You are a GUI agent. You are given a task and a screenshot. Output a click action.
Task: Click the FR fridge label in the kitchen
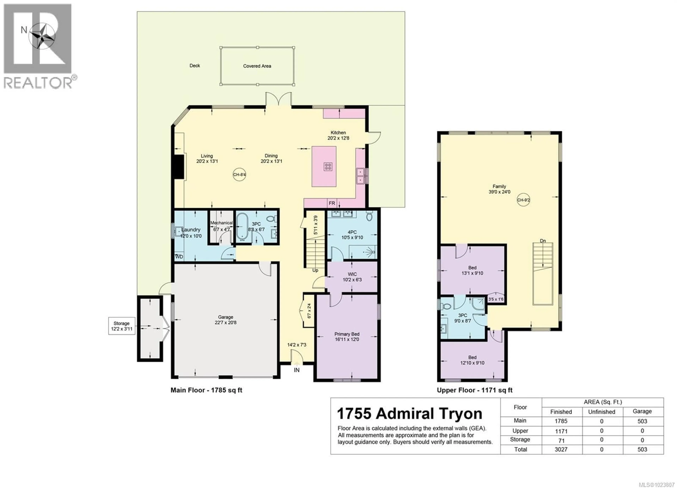click(x=332, y=203)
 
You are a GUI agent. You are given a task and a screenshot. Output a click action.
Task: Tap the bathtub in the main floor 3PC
click(x=242, y=227)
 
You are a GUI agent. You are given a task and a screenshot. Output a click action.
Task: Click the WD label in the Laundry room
click(x=179, y=257)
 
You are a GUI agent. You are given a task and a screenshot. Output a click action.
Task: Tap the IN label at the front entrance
click(x=297, y=370)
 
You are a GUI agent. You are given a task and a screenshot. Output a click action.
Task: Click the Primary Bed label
click(x=347, y=334)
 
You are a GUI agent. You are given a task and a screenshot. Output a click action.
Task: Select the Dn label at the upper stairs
click(x=543, y=241)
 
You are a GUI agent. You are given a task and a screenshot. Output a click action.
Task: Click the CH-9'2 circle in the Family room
click(x=523, y=200)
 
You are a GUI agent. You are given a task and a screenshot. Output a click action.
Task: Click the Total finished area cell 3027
click(x=561, y=450)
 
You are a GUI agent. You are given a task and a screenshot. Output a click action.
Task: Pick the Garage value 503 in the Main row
click(x=642, y=421)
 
